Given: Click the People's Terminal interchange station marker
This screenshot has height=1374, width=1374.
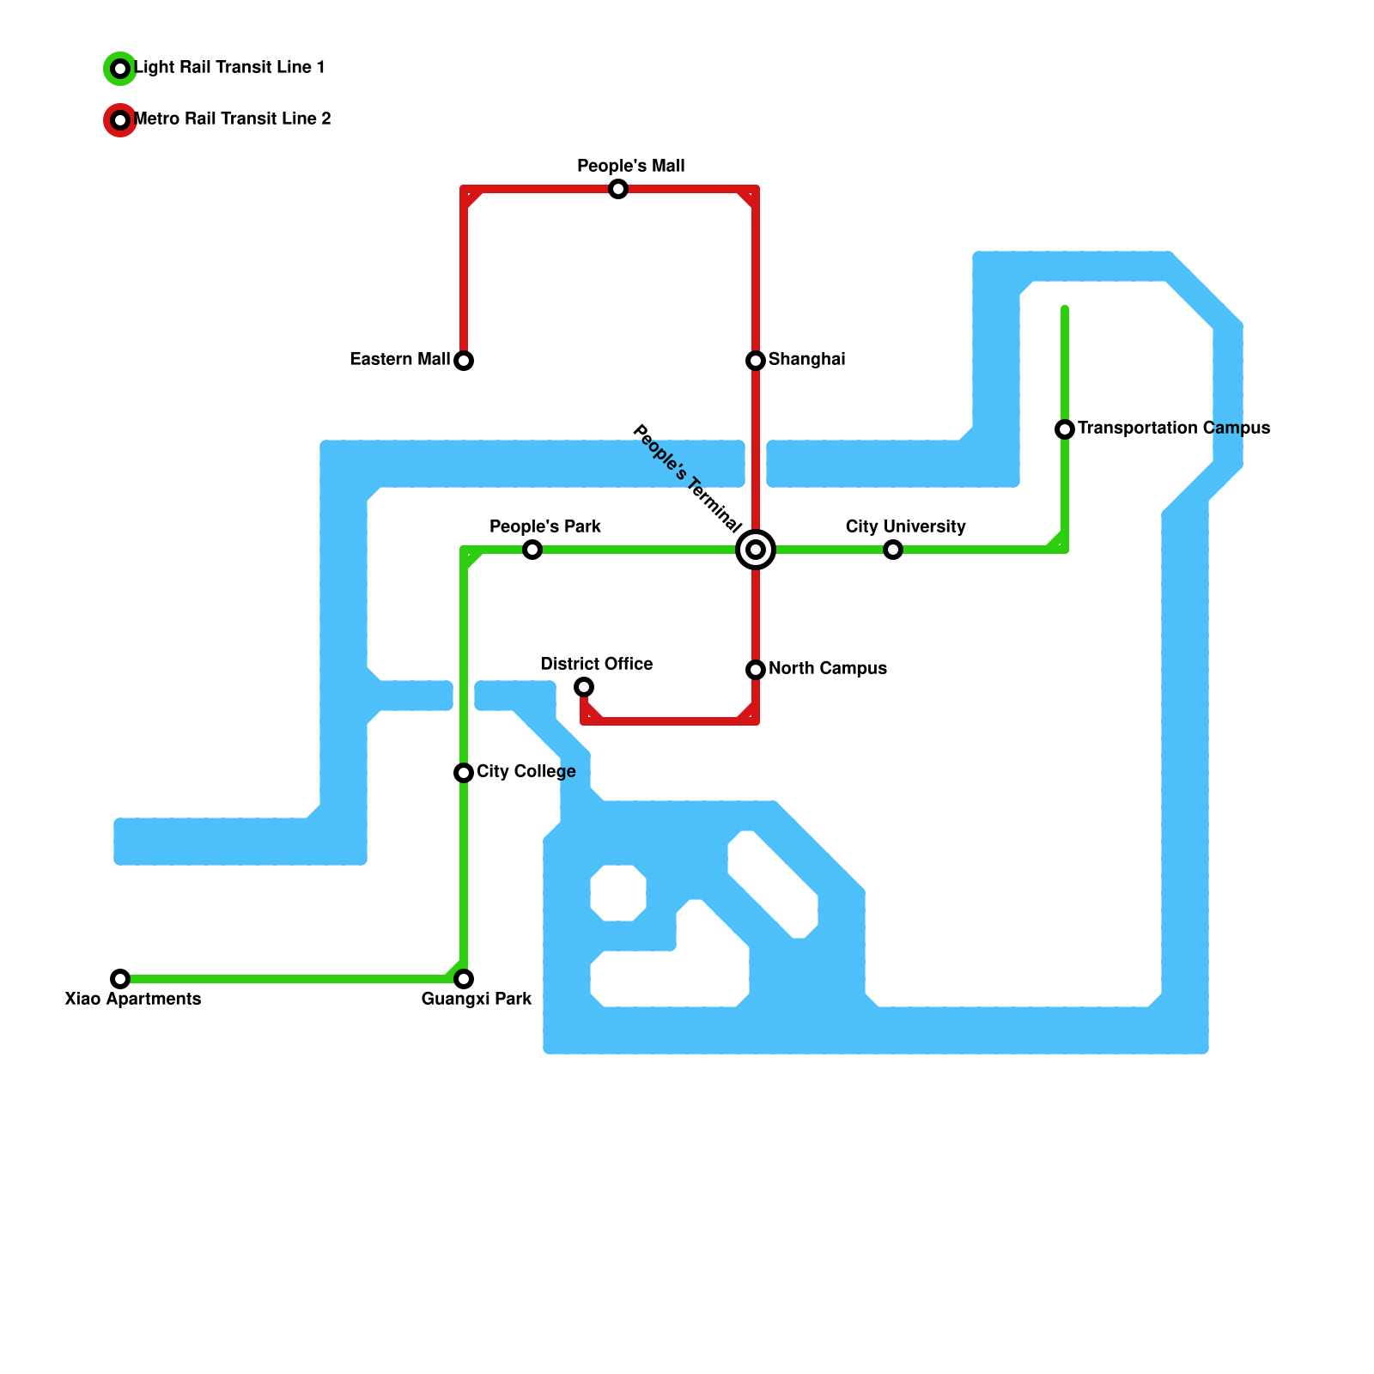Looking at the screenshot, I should (756, 550).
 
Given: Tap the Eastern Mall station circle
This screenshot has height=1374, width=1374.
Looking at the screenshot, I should (464, 361).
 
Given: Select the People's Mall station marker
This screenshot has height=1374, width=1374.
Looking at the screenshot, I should (618, 189).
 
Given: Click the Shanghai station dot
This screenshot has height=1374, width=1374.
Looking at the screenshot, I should (756, 361).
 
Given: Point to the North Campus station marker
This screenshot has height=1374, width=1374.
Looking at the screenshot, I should (756, 669).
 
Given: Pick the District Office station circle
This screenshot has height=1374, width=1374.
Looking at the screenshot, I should (584, 687).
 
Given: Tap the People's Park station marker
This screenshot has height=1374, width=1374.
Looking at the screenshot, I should (532, 550).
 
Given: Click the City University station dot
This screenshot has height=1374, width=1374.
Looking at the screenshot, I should (893, 550).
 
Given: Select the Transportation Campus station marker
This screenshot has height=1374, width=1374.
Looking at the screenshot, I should (1065, 429).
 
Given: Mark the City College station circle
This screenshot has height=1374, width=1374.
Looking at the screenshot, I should (464, 773).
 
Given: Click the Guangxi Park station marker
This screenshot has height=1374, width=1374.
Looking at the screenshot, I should (464, 979).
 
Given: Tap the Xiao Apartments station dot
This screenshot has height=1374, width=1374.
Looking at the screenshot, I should (120, 979).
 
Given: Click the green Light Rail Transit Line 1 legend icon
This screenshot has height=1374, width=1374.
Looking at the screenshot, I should (120, 69).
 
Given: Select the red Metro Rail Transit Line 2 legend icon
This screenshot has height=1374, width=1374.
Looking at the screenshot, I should (120, 120).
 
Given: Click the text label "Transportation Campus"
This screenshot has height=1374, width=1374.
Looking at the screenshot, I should (1173, 428).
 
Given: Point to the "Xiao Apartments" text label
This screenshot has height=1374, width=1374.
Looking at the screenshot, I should (133, 999).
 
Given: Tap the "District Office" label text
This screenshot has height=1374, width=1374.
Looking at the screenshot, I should (596, 664).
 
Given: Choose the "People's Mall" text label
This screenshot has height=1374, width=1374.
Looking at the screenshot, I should (630, 166).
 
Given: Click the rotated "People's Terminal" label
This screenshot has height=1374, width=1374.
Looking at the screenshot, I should (687, 477).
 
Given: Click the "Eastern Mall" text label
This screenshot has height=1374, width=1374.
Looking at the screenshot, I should (399, 359).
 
